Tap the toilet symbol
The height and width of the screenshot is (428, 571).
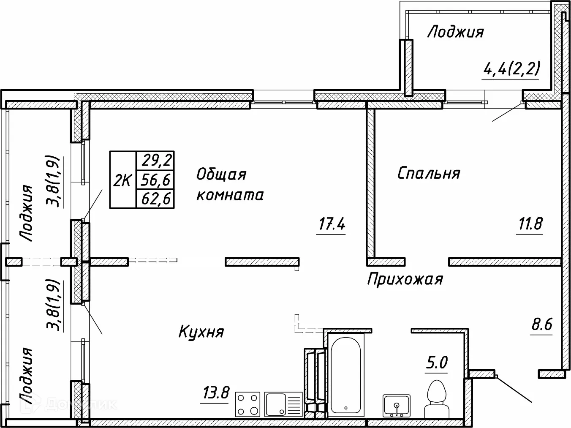(x=435, y=399)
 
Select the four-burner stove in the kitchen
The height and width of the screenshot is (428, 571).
(x=248, y=404)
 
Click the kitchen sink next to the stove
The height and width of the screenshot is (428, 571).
(x=283, y=404)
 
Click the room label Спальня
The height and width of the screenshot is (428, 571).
(x=429, y=173)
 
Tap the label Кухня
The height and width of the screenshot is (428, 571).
(x=201, y=332)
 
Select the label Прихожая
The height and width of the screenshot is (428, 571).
(x=405, y=279)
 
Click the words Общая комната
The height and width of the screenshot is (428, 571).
(x=230, y=185)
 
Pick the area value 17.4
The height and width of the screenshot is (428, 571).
(x=332, y=224)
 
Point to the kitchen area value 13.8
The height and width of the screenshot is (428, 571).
(x=215, y=394)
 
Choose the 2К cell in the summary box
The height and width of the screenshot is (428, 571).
(x=122, y=180)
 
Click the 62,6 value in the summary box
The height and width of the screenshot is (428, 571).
(x=155, y=199)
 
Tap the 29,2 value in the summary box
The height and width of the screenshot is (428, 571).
(x=155, y=161)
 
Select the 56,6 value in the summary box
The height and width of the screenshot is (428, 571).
(x=155, y=180)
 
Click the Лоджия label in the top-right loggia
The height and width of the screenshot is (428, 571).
(x=455, y=32)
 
